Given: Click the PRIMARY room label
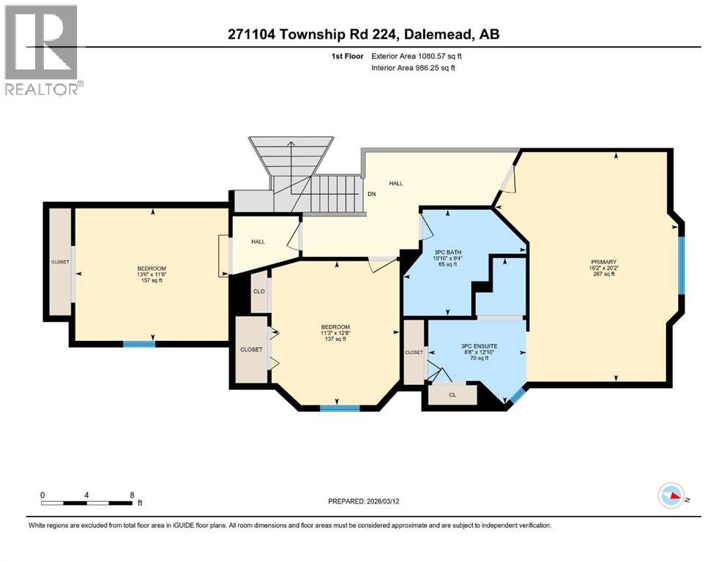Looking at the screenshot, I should pyautogui.click(x=604, y=262).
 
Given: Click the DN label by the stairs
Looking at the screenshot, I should pyautogui.click(x=371, y=195).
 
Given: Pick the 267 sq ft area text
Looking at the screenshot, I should pyautogui.click(x=604, y=275).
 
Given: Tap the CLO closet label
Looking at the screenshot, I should pyautogui.click(x=258, y=291).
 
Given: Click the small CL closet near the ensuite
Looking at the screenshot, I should pyautogui.click(x=452, y=395).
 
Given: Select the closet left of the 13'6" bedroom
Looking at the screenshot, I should pyautogui.click(x=59, y=262).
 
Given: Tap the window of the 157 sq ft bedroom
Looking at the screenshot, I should pyautogui.click(x=139, y=343).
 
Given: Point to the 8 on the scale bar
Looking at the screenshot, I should pyautogui.click(x=132, y=495).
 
